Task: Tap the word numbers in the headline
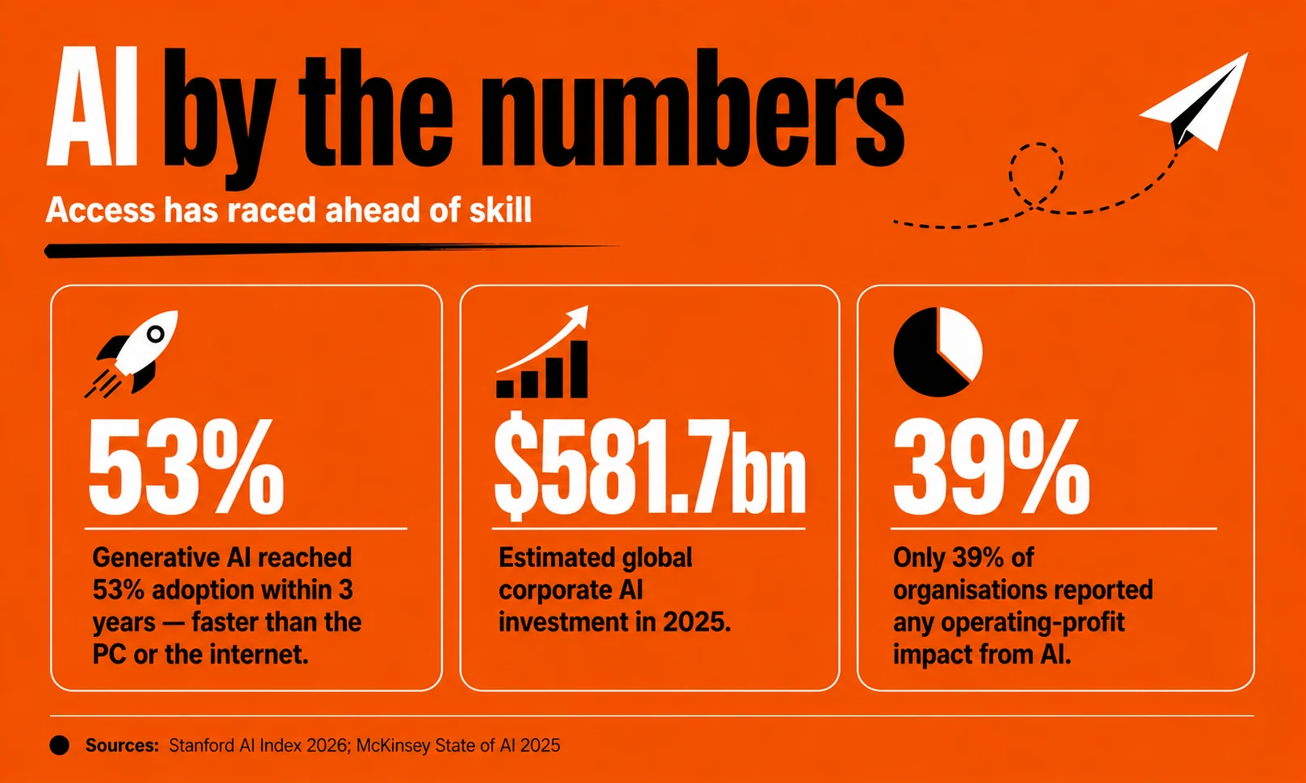(693, 109)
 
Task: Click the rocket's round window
(156, 334)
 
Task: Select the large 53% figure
(186, 466)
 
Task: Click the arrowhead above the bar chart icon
(579, 315)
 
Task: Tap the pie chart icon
(937, 352)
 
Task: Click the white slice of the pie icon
(958, 342)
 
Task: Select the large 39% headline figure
(991, 466)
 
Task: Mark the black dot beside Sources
(60, 745)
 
